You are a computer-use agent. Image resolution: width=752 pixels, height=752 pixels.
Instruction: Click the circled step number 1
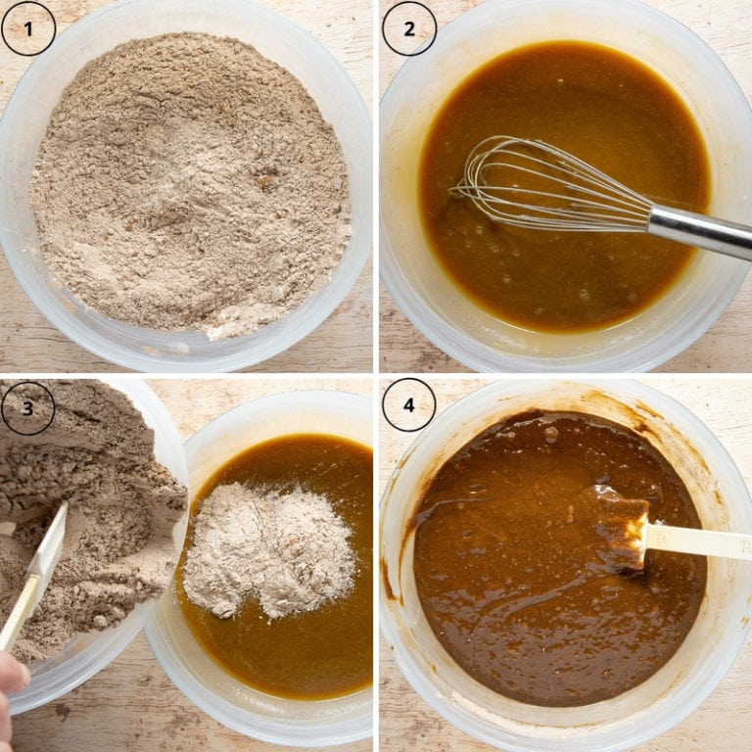[28, 28]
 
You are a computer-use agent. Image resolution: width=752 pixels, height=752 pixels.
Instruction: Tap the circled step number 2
[408, 28]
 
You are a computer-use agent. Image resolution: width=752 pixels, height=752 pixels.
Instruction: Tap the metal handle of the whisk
[700, 229]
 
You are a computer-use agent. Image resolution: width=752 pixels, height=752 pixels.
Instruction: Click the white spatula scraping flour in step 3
[39, 568]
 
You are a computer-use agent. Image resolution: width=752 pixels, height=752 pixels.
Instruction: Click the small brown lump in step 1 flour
[266, 181]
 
